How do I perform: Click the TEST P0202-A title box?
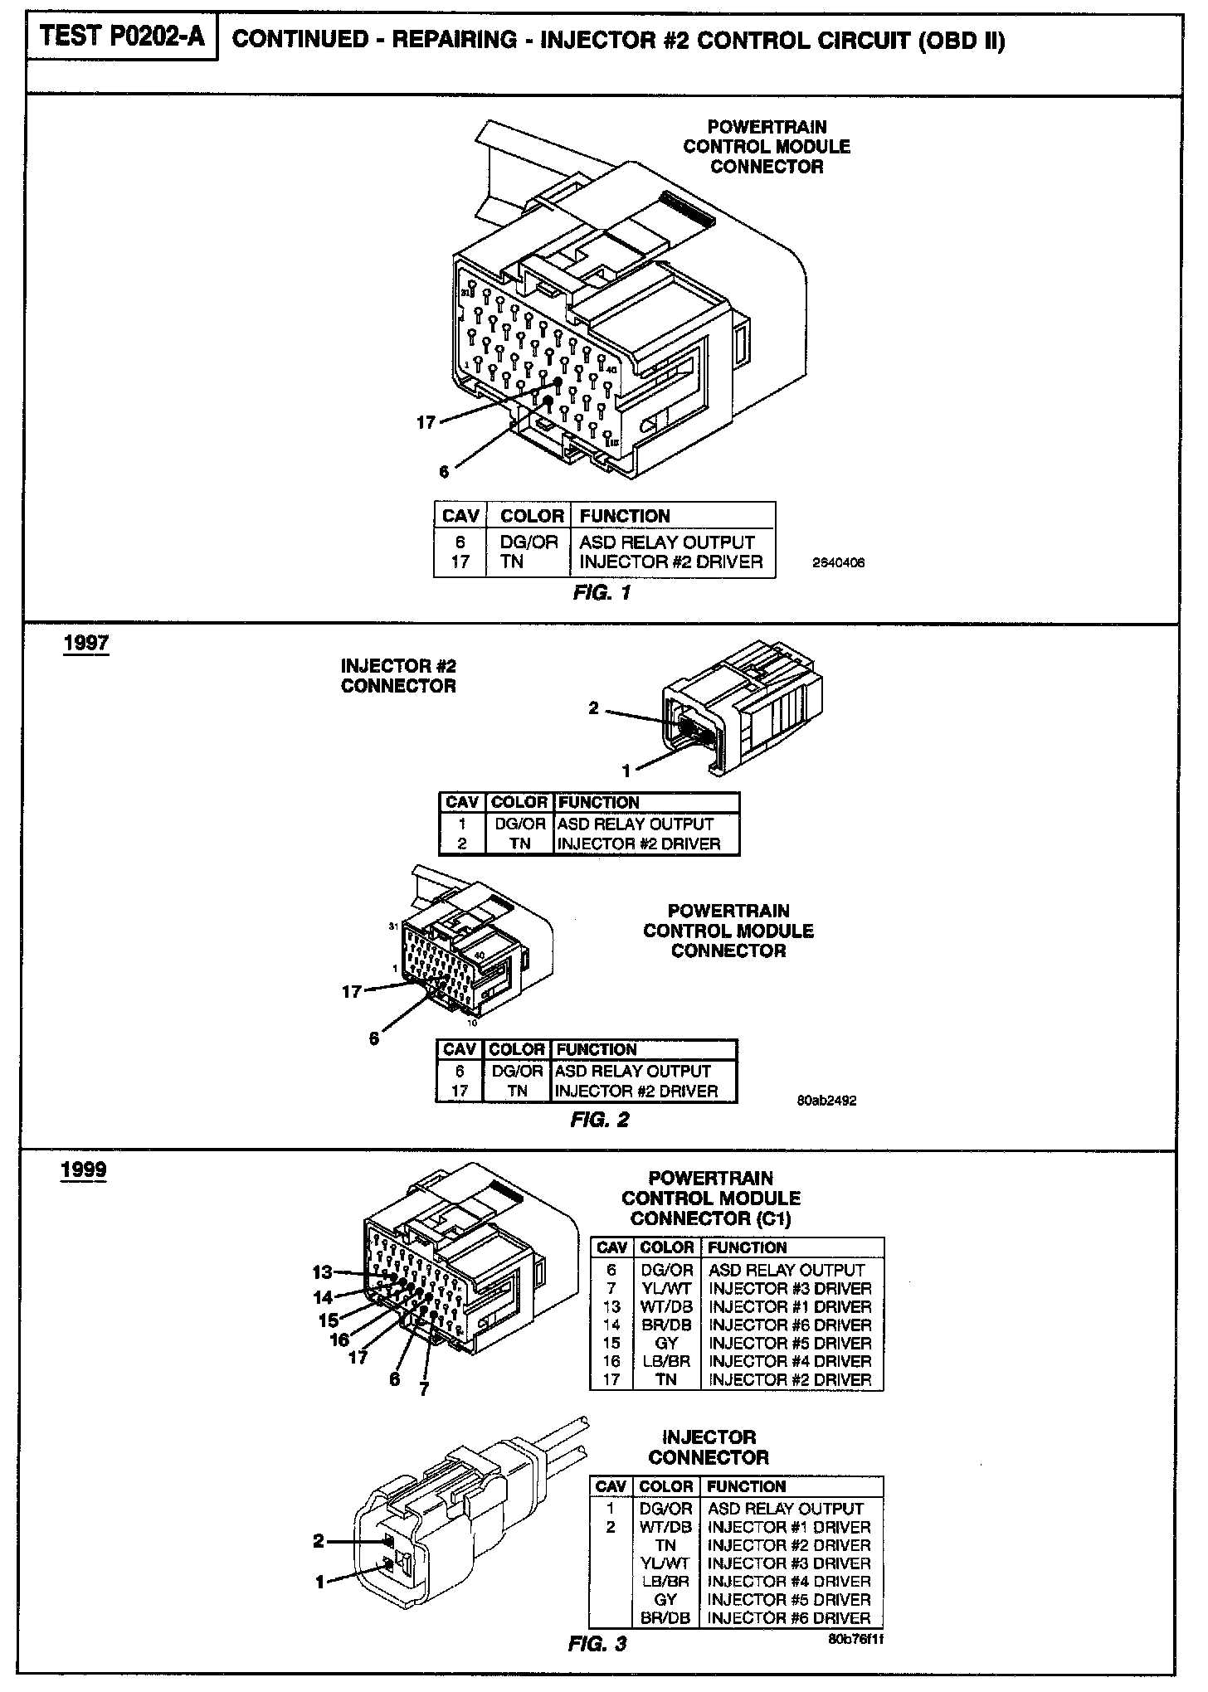click(122, 37)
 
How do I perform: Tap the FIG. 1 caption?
click(602, 593)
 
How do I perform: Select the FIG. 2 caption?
click(600, 1120)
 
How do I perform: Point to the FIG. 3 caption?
click(597, 1644)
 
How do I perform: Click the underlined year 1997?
click(85, 644)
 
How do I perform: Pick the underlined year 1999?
click(84, 1170)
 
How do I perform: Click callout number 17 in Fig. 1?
click(426, 423)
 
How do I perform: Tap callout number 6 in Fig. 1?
click(444, 472)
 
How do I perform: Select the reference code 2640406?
click(838, 562)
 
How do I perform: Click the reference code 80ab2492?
click(826, 1101)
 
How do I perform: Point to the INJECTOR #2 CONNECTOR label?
click(398, 676)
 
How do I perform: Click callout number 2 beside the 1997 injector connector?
click(593, 708)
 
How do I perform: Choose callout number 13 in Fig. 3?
click(322, 1272)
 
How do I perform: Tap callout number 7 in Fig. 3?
click(424, 1389)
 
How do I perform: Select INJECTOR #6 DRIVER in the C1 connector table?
click(790, 1325)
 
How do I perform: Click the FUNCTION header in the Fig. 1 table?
click(624, 516)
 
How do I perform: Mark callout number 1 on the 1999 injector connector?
click(320, 1582)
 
